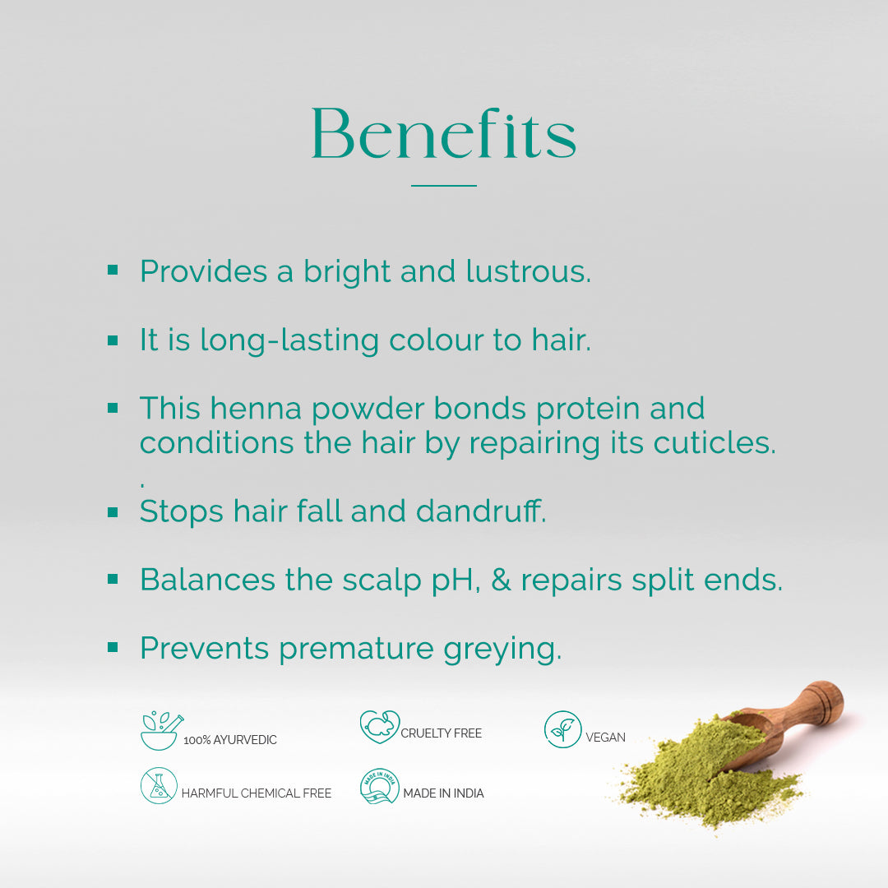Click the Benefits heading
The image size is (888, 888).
444,134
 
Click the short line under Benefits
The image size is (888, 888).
444,185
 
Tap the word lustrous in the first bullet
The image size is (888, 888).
529,271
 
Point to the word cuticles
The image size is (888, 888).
715,442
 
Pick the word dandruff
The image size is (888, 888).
481,511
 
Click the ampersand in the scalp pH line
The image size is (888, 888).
501,580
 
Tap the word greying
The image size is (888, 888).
502,650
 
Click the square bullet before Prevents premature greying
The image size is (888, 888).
113,647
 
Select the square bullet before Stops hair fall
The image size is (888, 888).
113,512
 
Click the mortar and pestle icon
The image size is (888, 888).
161,731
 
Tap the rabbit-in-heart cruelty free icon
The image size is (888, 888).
379,727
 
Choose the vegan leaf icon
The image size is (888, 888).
562,729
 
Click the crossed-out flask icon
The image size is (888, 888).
159,785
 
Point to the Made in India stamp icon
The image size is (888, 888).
379,786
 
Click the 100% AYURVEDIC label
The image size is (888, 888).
230,740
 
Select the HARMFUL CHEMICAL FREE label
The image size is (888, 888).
256,793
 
